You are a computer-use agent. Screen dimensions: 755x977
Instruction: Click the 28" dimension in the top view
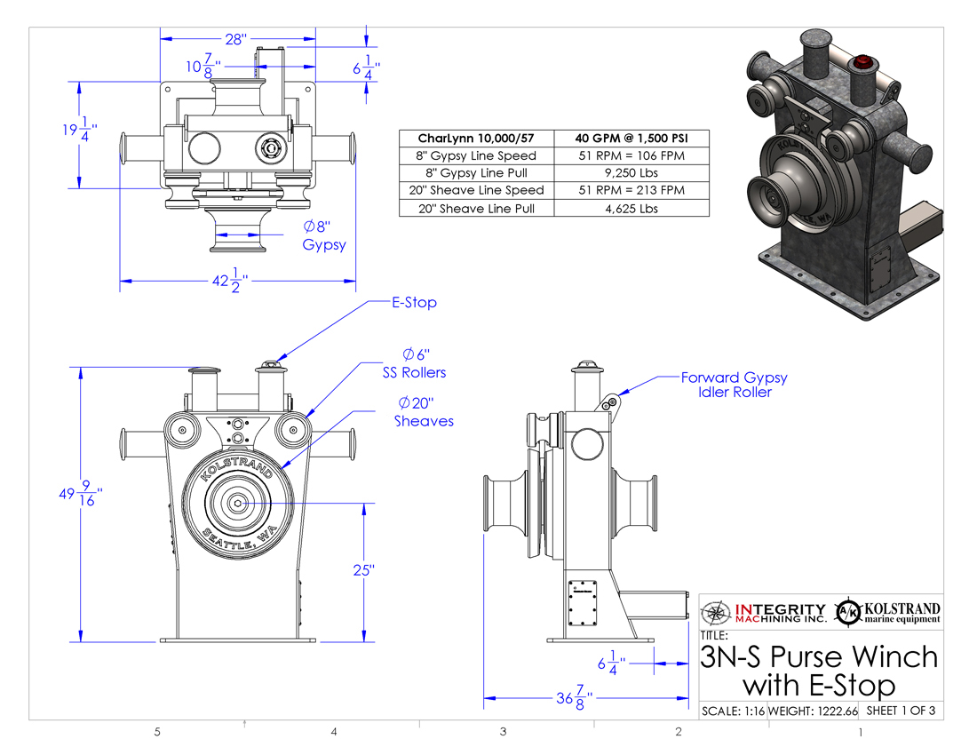pos(236,39)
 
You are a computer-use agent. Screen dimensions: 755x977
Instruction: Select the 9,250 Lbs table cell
pos(632,173)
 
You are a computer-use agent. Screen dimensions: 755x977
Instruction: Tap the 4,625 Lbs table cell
pos(632,209)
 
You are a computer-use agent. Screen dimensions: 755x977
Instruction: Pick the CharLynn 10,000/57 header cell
pos(477,138)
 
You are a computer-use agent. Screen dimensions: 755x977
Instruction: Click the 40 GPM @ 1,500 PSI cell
pos(632,138)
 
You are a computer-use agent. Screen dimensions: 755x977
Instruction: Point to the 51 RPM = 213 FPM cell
pos(632,191)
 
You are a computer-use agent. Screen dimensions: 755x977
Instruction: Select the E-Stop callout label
pos(414,303)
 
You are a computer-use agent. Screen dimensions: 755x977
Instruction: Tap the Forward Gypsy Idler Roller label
pos(734,385)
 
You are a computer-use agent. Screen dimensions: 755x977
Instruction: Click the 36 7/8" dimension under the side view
pos(574,698)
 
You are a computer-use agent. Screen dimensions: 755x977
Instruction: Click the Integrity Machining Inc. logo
pos(764,612)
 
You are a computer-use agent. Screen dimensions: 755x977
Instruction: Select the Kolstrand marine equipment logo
pos(889,612)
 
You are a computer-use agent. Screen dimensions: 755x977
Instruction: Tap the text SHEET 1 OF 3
pos(901,711)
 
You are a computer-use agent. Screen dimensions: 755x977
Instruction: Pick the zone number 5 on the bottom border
pos(157,733)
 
